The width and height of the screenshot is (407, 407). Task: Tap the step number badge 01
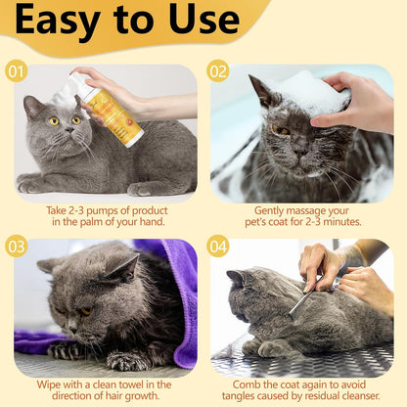coord(16,71)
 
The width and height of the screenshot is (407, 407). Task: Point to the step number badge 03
coord(16,246)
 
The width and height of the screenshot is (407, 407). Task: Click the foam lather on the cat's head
coord(312,97)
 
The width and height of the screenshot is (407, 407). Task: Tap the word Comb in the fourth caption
coord(241,384)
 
